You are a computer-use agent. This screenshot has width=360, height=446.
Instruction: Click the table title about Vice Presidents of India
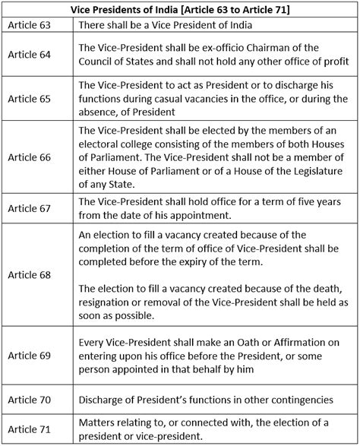pyautogui.click(x=180, y=10)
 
